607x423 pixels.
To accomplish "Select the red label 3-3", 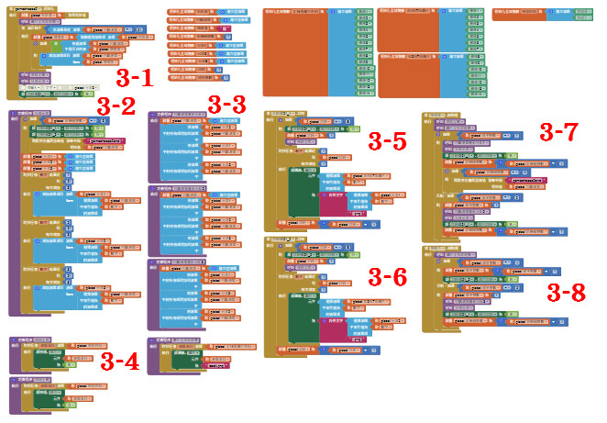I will (226, 104).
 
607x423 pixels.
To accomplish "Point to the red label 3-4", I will (119, 361).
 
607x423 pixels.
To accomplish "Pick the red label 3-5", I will (386, 141).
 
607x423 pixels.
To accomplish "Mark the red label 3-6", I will (386, 276).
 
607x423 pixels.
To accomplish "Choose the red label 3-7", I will (557, 131).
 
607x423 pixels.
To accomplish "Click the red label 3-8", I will (565, 292).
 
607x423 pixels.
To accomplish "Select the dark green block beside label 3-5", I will (302, 194).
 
